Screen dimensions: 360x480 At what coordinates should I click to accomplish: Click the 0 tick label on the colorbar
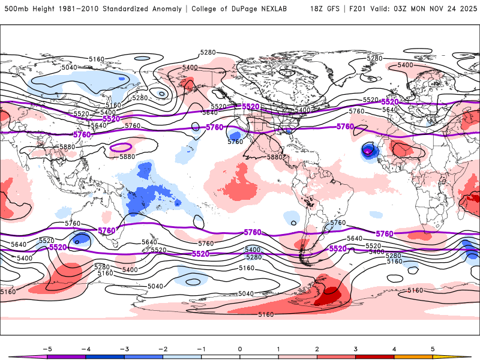[x=240, y=348]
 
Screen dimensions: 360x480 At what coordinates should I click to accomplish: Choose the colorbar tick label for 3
[x=356, y=348]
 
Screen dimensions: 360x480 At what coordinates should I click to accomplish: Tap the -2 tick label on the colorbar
[x=162, y=348]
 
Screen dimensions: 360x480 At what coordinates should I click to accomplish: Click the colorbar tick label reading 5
[x=433, y=348]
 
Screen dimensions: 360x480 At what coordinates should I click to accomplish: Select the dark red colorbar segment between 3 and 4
[x=375, y=356]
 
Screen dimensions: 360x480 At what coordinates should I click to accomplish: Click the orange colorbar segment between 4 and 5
[x=413, y=356]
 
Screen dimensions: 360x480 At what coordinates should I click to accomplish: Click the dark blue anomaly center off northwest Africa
[x=368, y=151]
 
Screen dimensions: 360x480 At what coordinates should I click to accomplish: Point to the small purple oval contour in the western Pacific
[x=122, y=147]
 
